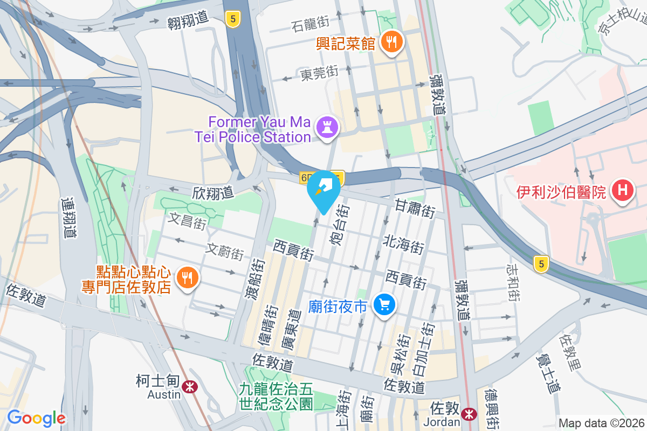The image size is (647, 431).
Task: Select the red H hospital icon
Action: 623,191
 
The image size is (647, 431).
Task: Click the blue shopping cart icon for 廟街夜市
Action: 384,305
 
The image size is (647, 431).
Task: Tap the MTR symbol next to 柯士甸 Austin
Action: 189,386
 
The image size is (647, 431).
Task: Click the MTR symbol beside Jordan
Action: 469,414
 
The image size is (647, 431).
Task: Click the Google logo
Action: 36,418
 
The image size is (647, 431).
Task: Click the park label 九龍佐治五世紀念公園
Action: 277,395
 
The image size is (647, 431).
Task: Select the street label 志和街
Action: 514,282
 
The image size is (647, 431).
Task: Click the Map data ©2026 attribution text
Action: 601,423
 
